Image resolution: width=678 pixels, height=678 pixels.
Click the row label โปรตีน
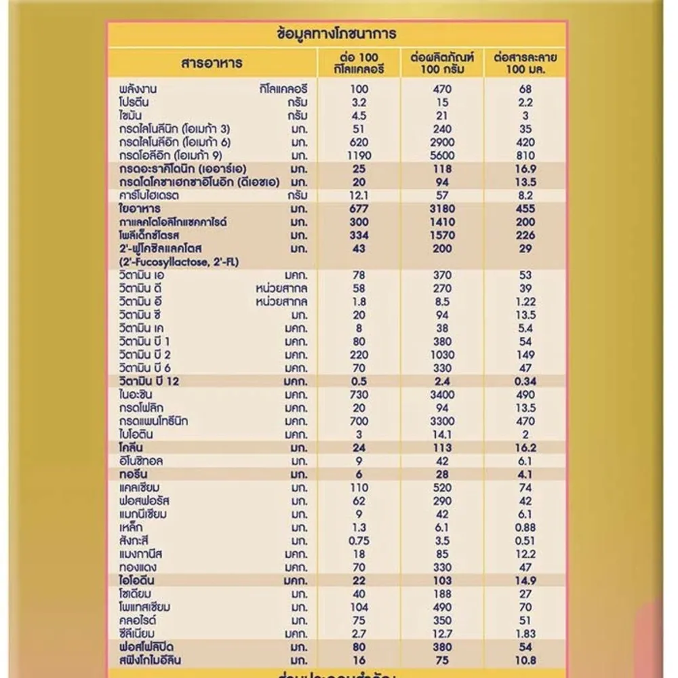point(133,102)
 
